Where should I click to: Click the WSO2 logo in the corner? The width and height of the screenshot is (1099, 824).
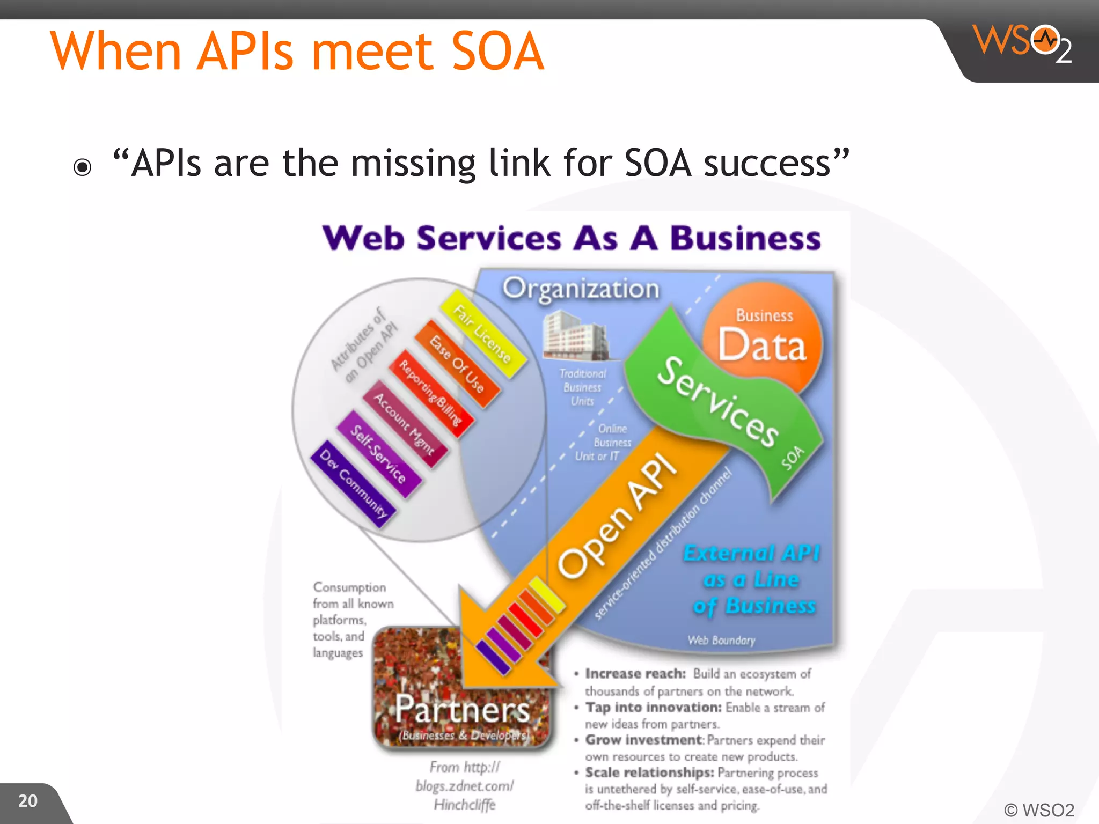[x=1022, y=43]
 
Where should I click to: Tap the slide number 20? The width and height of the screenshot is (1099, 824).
[x=28, y=801]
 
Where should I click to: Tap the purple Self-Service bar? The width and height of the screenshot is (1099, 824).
[x=378, y=453]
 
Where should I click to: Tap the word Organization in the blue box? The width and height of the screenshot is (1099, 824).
[x=581, y=289]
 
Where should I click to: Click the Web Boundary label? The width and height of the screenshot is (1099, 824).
[x=721, y=640]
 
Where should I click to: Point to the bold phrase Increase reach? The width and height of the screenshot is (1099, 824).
[x=635, y=674]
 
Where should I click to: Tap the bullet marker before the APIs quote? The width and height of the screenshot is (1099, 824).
[x=83, y=167]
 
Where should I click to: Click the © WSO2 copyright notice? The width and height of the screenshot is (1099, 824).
[x=1039, y=810]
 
